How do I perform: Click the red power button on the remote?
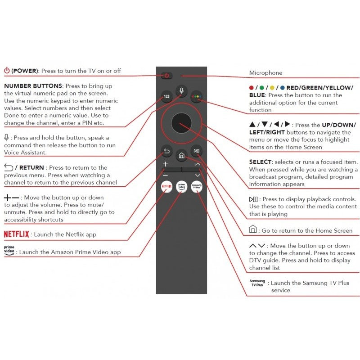[166, 76]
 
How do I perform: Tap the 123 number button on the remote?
[166, 97]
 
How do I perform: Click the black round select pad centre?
[181, 122]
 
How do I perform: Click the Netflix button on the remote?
[166, 186]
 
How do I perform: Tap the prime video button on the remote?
[181, 186]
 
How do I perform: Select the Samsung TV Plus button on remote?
[196, 186]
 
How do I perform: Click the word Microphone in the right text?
[265, 73]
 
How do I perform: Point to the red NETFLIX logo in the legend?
[17, 234]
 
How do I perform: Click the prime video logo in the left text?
[9, 251]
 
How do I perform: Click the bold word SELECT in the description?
[261, 162]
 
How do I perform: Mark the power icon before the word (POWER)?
[7, 70]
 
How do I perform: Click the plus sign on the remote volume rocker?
[166, 164]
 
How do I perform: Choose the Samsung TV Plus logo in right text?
[257, 283]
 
